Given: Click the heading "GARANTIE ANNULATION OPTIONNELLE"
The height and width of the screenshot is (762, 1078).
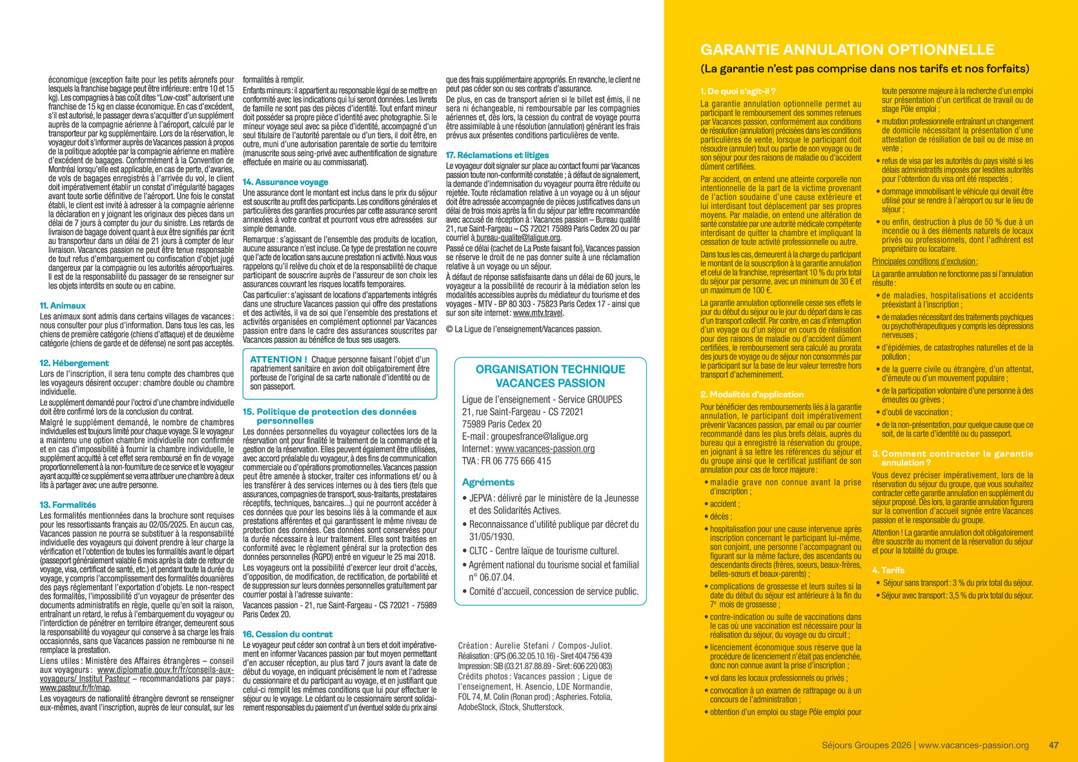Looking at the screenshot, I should click(847, 50).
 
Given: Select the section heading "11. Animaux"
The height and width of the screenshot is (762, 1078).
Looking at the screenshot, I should click(63, 306).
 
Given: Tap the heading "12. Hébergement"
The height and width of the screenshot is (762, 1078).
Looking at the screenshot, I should click(74, 363).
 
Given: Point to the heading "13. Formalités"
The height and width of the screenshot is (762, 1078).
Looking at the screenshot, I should click(68, 505).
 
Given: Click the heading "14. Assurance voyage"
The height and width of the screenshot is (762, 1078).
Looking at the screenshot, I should click(285, 183).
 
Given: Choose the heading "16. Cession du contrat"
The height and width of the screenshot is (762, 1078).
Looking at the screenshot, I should click(287, 634).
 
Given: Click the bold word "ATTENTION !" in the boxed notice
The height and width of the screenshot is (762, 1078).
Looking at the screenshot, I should click(278, 360).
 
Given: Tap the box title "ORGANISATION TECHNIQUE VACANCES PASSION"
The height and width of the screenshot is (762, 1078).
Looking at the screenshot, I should click(550, 376).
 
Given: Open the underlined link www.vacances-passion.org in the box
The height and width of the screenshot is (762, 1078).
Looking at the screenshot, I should click(545, 449).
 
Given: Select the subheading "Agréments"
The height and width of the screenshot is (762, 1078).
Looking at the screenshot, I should click(488, 483).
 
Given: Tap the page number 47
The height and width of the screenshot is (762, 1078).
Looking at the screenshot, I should click(1053, 745).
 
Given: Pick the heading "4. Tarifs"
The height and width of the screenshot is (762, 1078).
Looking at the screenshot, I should click(888, 570).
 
